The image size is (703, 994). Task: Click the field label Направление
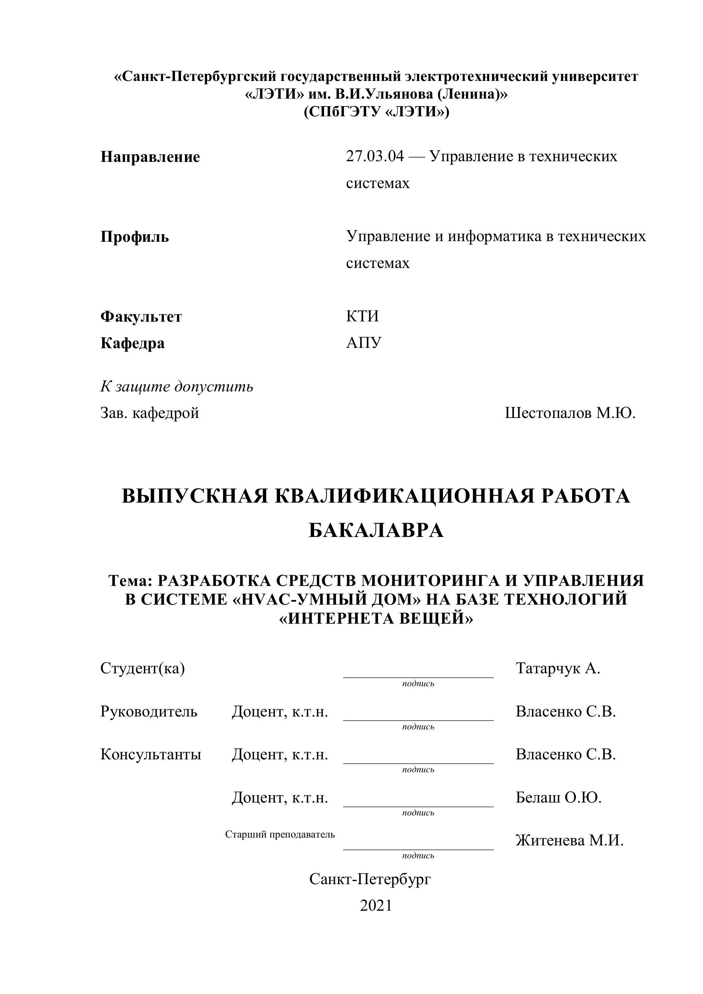pos(150,157)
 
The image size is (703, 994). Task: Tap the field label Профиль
pos(135,237)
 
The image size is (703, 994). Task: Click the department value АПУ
pos(364,342)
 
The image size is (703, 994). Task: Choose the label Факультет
pos(141,317)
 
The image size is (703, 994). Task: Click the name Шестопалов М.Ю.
pos(570,413)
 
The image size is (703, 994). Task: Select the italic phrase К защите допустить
pos(177,386)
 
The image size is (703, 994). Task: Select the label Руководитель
pos(149,711)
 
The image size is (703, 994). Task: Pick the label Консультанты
pos(151,754)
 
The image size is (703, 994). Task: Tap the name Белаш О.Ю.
pos(559,797)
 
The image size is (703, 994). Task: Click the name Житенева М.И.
pos(569,840)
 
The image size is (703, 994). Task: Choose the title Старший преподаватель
pos(280,834)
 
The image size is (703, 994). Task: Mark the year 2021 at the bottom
pos(376,905)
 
